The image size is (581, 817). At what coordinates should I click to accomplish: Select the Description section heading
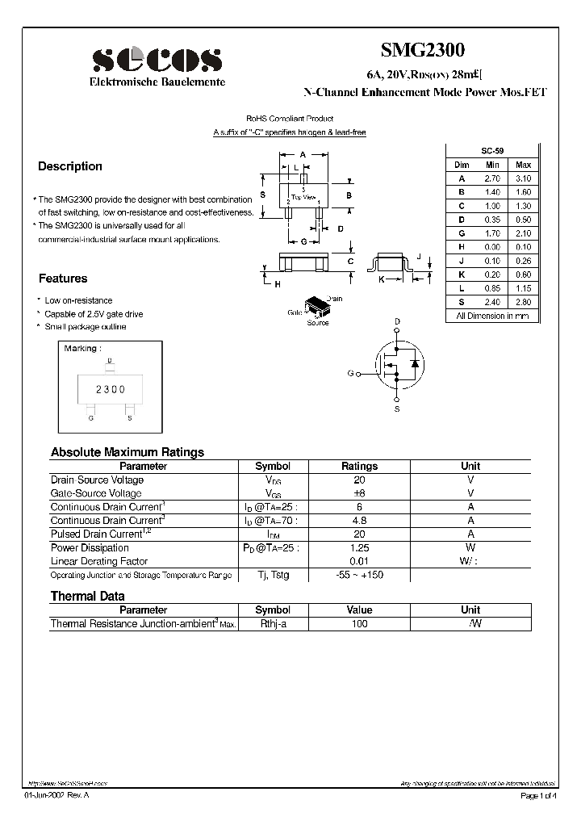[x=70, y=166]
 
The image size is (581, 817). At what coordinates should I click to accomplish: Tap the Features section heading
[x=63, y=279]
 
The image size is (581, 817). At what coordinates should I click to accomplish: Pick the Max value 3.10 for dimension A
[x=523, y=178]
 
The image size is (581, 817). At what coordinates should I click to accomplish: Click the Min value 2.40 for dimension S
[x=492, y=302]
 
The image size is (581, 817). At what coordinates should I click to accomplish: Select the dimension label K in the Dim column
[x=462, y=274]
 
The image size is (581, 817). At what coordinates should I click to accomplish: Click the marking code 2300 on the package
[x=111, y=389]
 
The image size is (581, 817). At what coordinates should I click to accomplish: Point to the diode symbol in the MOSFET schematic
[x=414, y=364]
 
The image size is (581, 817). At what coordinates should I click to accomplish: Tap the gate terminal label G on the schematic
[x=350, y=374]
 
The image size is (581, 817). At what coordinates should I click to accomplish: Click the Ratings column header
[x=359, y=466]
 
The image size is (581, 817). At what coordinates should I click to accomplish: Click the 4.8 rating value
[x=359, y=521]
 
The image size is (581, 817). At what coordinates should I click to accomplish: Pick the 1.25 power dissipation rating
[x=359, y=547]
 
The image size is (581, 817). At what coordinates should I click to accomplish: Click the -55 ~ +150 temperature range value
[x=359, y=575]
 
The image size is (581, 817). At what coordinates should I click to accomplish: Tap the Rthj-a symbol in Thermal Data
[x=272, y=623]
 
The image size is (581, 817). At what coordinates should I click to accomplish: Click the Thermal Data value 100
[x=359, y=623]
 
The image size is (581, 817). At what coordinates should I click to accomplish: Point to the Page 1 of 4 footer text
[x=538, y=796]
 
